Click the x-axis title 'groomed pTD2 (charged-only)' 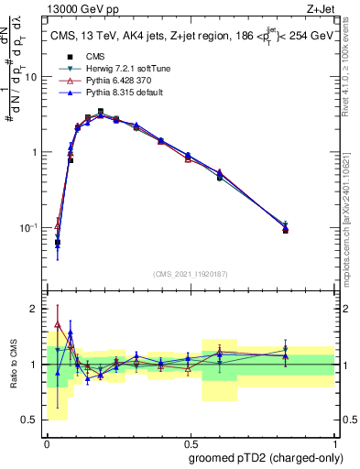coord(266,457)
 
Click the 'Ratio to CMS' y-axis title coord(12,365)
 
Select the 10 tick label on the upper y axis coord(30,77)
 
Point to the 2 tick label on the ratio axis coord(38,310)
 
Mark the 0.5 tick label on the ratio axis coord(33,420)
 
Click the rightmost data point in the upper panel coord(285,229)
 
